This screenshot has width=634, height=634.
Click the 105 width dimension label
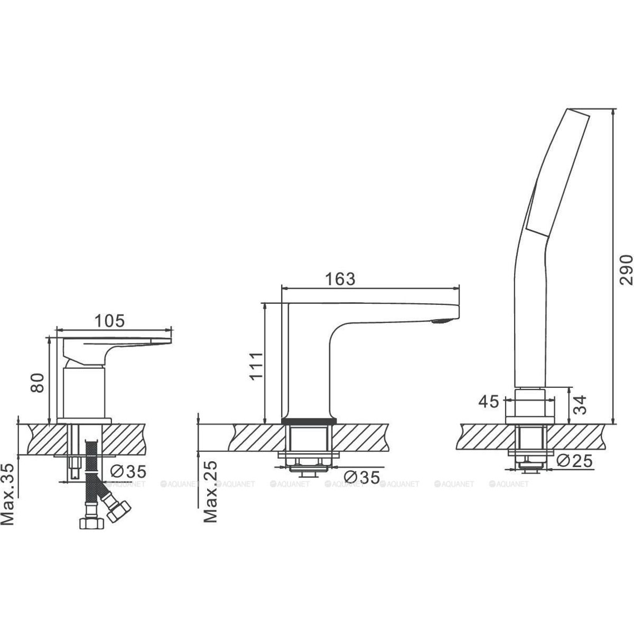[x=109, y=321]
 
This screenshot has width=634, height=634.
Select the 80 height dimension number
[x=37, y=383]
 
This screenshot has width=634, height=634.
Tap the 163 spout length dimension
[x=340, y=279]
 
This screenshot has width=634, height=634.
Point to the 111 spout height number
[x=256, y=367]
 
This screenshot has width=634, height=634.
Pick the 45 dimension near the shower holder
[x=489, y=402]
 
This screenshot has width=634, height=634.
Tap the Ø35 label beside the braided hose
[x=128, y=472]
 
